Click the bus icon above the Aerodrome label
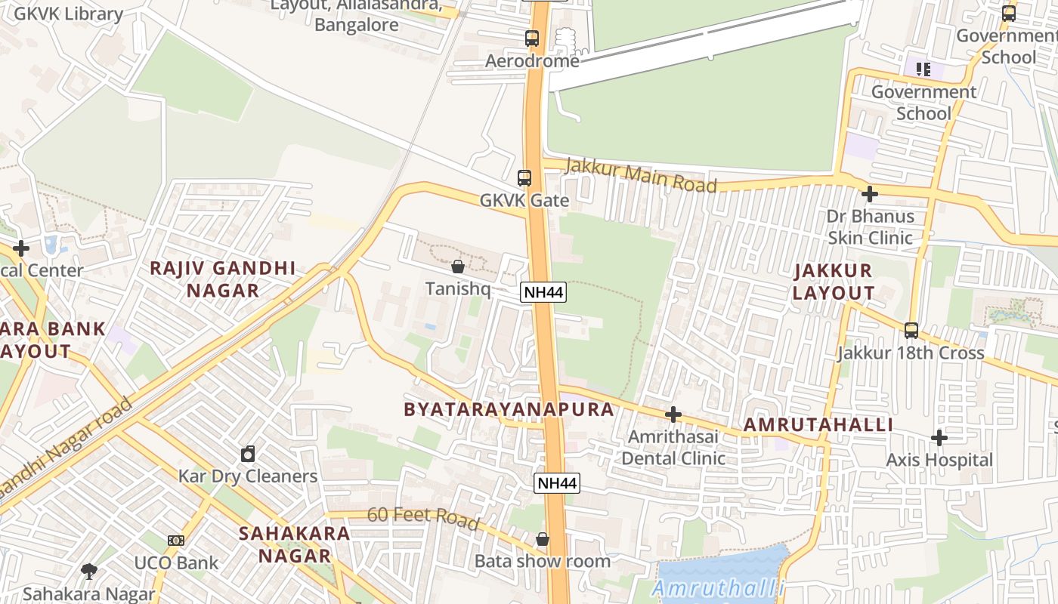[532, 38]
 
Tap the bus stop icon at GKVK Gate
[524, 178]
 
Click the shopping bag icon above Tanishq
[457, 267]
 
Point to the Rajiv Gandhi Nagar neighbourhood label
[222, 279]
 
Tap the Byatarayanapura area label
[509, 409]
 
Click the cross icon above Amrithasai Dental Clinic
[673, 414]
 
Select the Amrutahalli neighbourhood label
[818, 424]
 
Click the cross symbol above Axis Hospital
[939, 438]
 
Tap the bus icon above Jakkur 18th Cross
[911, 330]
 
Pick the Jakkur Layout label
[834, 282]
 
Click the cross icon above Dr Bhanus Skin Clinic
[870, 194]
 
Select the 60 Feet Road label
[422, 518]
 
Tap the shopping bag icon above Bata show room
[542, 539]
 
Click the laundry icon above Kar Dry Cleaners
[248, 454]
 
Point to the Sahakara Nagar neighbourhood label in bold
[295, 544]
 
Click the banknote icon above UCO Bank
[176, 541]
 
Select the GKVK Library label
[68, 14]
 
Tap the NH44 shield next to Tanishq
[543, 292]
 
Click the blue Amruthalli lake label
[718, 589]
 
